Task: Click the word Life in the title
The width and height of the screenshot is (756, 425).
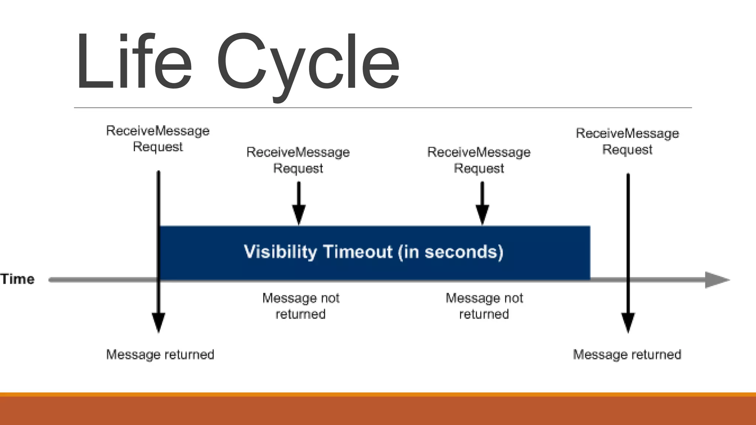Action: (x=134, y=62)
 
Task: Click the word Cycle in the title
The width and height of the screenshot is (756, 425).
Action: (x=307, y=63)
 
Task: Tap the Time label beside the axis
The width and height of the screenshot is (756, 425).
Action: (x=17, y=279)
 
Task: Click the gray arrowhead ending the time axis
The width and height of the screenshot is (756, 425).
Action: (x=716, y=280)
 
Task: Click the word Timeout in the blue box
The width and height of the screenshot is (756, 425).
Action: (x=358, y=252)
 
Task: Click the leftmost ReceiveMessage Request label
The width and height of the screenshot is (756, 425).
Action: (x=158, y=139)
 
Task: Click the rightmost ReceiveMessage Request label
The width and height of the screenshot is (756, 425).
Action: (x=627, y=141)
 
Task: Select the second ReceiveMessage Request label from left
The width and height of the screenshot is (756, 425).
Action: (x=298, y=160)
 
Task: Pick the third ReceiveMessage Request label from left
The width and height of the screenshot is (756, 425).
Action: (x=479, y=160)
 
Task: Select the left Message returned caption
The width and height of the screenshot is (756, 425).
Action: (x=160, y=355)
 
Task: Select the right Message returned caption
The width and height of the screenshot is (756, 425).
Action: (x=627, y=355)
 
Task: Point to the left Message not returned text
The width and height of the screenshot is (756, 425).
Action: (x=300, y=306)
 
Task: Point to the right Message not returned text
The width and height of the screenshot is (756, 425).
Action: (x=484, y=306)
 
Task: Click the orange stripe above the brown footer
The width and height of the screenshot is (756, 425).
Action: (x=378, y=394)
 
